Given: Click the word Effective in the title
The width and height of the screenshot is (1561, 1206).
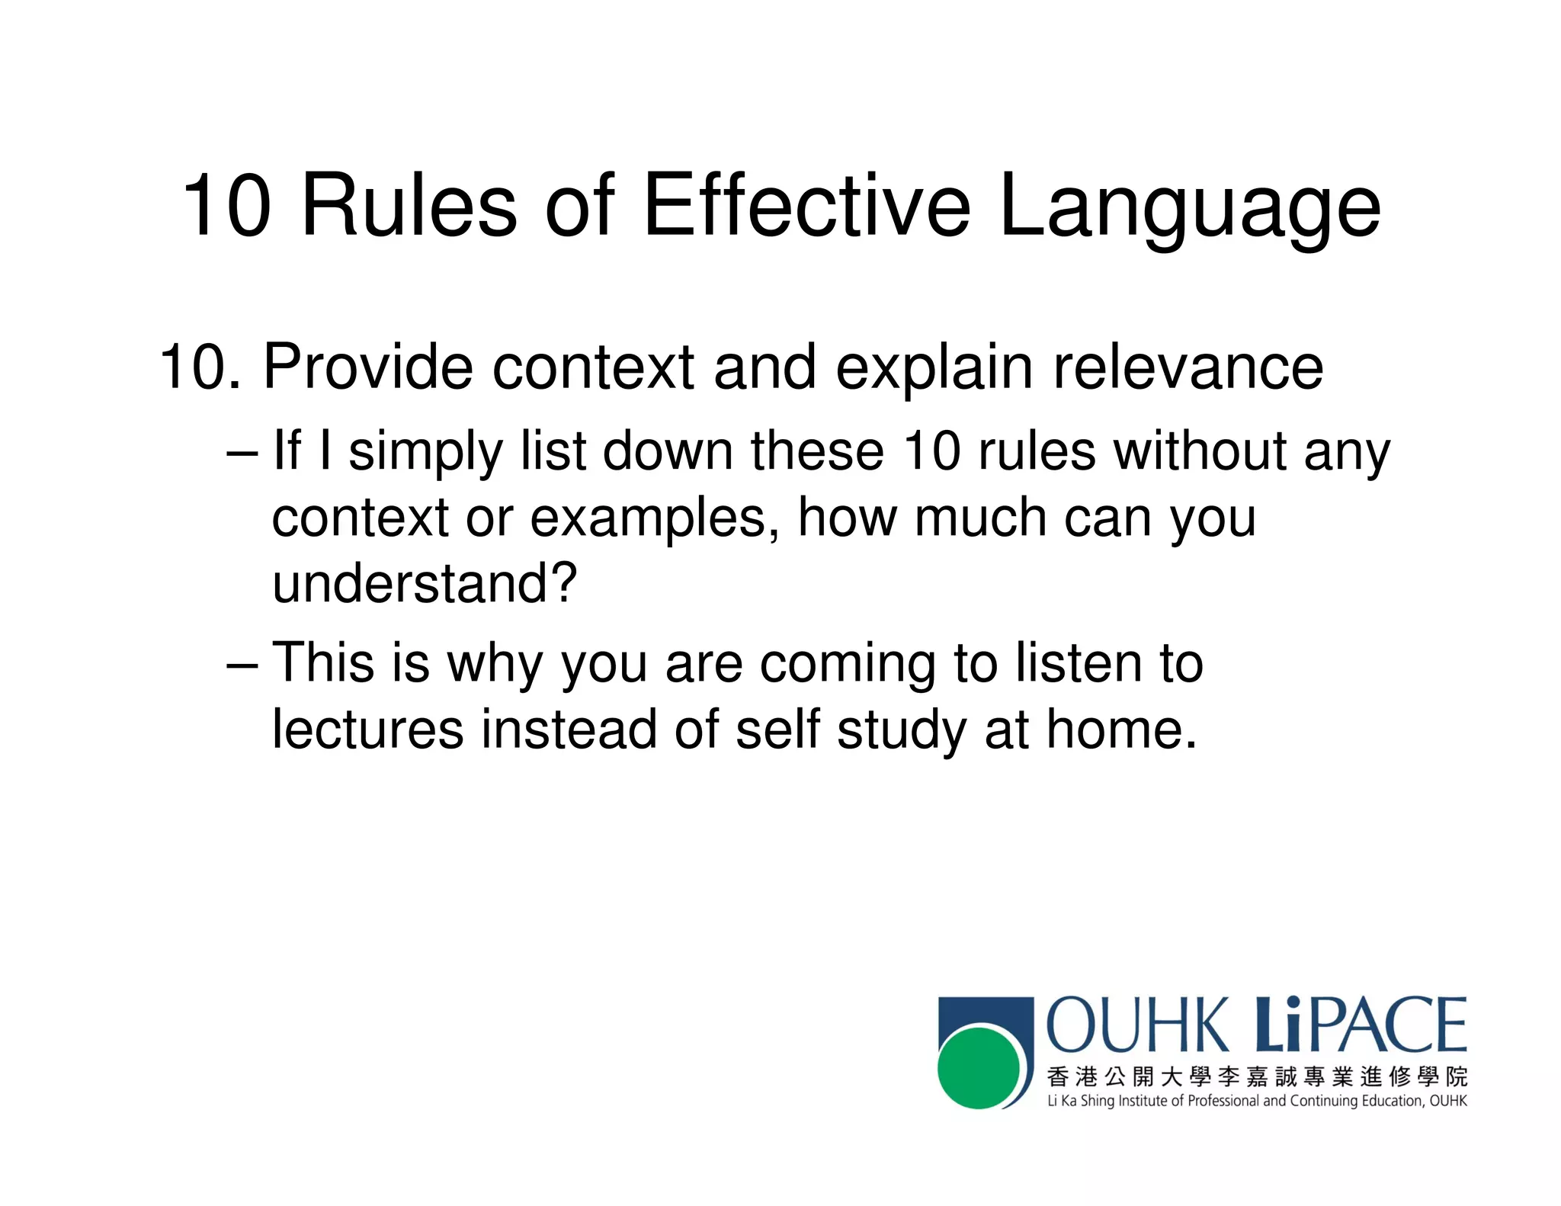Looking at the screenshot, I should (806, 206).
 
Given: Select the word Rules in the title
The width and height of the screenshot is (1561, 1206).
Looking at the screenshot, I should (409, 206).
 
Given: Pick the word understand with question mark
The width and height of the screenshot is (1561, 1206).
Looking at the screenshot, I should (424, 583).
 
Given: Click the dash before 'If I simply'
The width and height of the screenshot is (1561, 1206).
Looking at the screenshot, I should (242, 452).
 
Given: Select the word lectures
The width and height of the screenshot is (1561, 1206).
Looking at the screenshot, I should (367, 730).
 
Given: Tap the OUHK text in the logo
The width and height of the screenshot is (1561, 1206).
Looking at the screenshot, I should (1138, 1025).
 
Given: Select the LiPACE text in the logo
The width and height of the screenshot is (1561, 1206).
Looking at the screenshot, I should (1361, 1025).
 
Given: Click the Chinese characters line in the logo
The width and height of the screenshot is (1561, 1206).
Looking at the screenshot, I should (1256, 1077).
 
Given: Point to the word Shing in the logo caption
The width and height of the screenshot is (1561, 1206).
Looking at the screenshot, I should (1097, 1102).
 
